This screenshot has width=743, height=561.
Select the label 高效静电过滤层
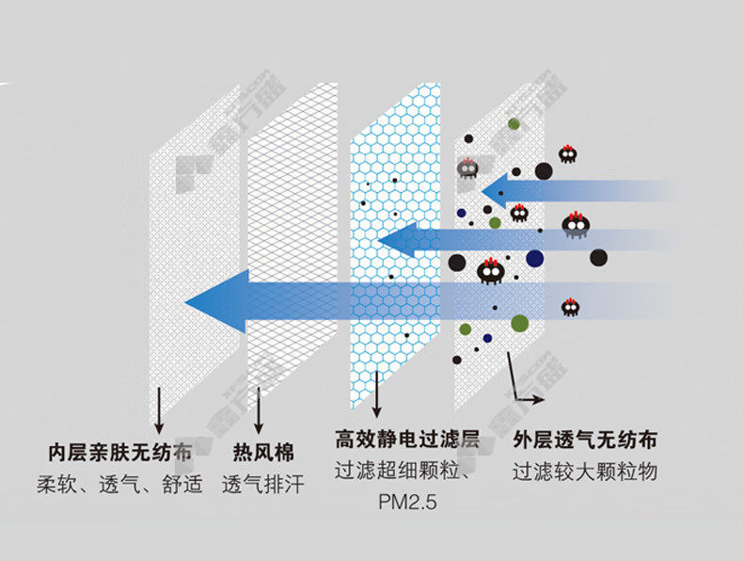pyautogui.click(x=407, y=440)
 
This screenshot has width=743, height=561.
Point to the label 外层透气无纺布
pyautogui.click(x=584, y=440)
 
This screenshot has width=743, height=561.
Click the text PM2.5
pyautogui.click(x=407, y=502)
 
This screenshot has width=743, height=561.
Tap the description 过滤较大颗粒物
pyautogui.click(x=584, y=472)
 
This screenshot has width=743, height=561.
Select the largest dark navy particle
pyautogui.click(x=535, y=258)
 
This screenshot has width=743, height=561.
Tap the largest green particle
pyautogui.click(x=519, y=323)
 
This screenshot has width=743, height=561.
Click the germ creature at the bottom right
pyautogui.click(x=570, y=306)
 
